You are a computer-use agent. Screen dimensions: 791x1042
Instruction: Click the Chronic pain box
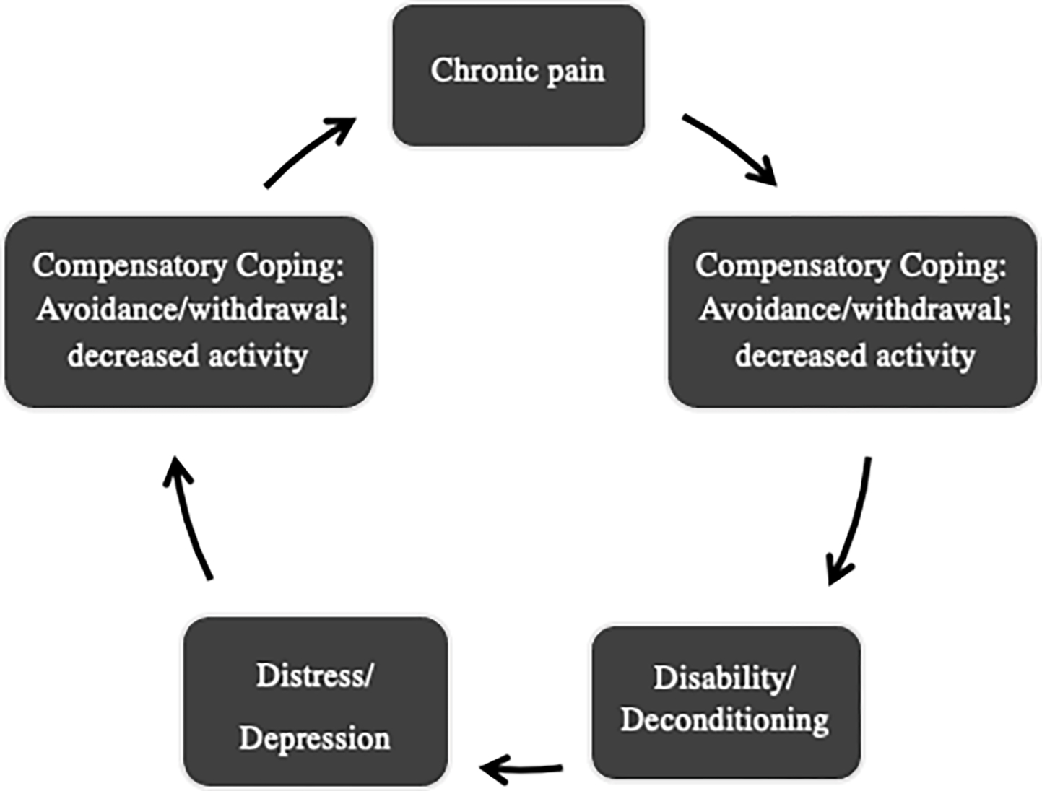click(518, 75)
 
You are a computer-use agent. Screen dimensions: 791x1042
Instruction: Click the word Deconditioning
click(725, 720)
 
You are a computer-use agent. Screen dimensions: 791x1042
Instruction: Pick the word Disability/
click(724, 678)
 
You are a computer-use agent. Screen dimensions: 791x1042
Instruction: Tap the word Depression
click(315, 738)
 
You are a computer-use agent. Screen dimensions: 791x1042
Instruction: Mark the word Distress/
click(315, 676)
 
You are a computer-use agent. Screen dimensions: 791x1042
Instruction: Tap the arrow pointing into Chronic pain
click(311, 152)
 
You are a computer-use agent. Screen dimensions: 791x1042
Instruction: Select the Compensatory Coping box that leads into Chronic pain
click(188, 311)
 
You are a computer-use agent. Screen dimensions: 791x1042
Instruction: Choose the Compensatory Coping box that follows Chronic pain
click(853, 311)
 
